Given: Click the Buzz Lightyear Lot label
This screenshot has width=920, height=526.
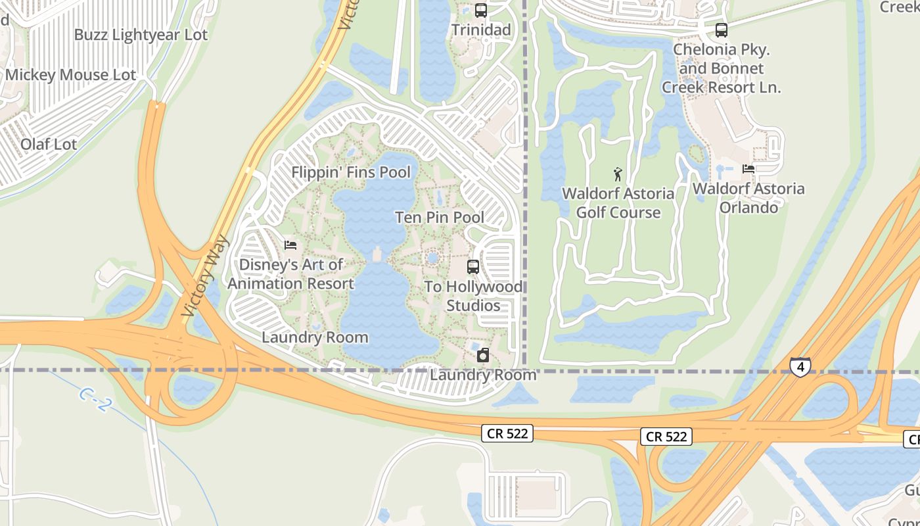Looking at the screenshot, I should [x=141, y=35].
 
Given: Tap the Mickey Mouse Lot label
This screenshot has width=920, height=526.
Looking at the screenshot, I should [x=70, y=75].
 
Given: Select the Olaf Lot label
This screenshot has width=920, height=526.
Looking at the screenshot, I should [x=49, y=144].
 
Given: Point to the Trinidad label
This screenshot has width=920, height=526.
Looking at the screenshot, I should [x=481, y=30].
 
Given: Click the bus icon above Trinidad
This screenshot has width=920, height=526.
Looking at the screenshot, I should [x=481, y=11].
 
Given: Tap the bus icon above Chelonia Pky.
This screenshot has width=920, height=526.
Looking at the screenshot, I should [x=722, y=30].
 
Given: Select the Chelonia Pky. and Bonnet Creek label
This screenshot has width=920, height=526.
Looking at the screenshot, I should [x=722, y=68].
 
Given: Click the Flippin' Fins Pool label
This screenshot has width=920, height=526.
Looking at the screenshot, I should [x=351, y=172].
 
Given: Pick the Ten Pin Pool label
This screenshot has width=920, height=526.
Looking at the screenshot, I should [x=440, y=217].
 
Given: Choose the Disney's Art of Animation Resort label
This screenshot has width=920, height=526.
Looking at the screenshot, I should [x=290, y=274].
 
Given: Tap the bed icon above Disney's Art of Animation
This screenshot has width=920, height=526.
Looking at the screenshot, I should [x=290, y=246].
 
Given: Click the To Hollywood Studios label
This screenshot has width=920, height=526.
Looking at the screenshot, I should [x=473, y=296].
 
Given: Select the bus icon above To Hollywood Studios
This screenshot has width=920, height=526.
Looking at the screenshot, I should [x=473, y=267].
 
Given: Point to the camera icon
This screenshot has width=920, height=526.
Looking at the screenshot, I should [x=483, y=356].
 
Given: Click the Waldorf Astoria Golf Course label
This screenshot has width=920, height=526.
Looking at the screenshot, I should [x=618, y=203].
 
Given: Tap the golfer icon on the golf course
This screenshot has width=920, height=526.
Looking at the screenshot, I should [x=618, y=174].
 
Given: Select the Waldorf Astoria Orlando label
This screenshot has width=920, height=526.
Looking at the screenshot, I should [x=748, y=198].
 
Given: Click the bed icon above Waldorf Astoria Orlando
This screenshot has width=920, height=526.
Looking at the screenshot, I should [x=748, y=169].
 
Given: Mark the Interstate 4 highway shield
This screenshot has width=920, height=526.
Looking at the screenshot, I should [x=800, y=366].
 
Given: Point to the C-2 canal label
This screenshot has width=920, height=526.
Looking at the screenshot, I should [x=95, y=399].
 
